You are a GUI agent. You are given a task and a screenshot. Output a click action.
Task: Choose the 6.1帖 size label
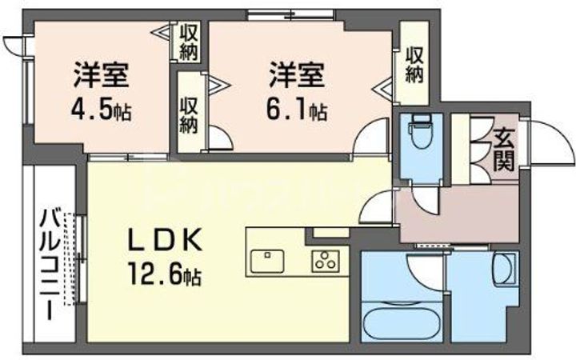(x=296, y=110)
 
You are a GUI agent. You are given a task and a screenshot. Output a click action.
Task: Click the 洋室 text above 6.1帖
(x=296, y=76)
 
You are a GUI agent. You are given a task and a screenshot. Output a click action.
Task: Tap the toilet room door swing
(x=424, y=197)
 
